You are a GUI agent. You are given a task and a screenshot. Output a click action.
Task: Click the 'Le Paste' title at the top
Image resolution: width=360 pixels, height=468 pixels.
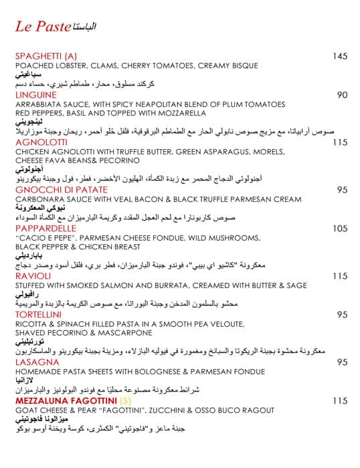tap(43, 27)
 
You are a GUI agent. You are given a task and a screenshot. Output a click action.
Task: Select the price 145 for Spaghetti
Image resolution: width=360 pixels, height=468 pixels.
tap(340, 56)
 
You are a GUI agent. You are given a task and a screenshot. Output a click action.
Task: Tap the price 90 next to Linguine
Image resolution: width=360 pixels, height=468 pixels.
tap(342, 95)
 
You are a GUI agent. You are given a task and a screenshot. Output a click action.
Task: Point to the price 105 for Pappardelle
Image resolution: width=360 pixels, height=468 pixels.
tap(340, 229)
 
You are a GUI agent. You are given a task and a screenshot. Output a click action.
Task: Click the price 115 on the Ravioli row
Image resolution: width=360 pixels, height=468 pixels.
tap(340, 275)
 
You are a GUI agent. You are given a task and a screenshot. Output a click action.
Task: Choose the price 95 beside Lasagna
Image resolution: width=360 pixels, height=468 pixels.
tap(342, 362)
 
